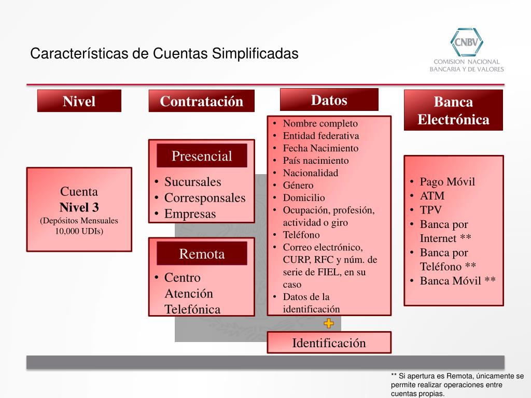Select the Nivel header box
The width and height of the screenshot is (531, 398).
(79, 101)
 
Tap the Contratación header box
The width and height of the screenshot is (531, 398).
(201, 101)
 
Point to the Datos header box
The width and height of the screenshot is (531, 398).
(329, 99)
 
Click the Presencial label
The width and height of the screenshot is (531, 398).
(202, 156)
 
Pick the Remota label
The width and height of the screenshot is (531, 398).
(202, 254)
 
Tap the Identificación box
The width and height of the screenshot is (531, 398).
(329, 343)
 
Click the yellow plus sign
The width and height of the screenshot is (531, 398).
(329, 324)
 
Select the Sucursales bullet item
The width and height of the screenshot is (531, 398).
(192, 182)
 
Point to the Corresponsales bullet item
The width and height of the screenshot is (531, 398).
(204, 198)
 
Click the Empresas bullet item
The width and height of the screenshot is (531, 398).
(190, 214)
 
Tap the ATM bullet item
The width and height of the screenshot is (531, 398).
(432, 196)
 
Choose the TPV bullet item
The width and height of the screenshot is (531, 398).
(431, 210)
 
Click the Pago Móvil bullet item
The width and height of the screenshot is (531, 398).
(447, 182)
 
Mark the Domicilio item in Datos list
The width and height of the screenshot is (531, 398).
(304, 197)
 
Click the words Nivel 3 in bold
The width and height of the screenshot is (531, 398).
(79, 208)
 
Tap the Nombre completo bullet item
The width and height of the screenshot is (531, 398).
(320, 123)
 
